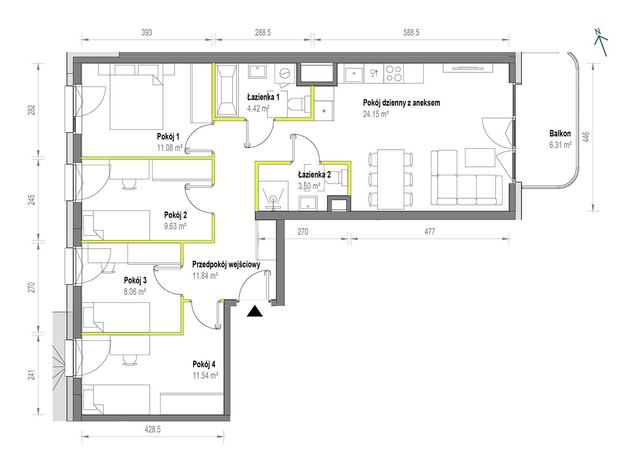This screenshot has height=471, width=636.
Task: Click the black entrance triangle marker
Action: coord(255,312)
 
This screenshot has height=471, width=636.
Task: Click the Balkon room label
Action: coord(560,133)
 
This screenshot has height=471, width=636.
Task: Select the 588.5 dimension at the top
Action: coord(411,33)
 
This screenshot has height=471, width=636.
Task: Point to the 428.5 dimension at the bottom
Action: coord(153,430)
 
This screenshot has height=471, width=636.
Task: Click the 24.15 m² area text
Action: coord(376,114)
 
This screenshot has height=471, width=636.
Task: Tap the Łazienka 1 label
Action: coord(263,97)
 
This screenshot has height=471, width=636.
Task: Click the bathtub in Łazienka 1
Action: coord(227,90)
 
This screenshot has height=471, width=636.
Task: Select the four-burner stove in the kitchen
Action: coord(393,73)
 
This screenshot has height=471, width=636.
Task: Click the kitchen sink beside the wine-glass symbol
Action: coord(354,73)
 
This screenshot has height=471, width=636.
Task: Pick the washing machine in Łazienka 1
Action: coord(285,73)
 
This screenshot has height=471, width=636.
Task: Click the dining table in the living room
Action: coord(391,180)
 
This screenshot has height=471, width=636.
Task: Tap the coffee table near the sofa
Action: coord(480,157)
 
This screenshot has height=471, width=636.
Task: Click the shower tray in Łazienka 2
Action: coord(273,196)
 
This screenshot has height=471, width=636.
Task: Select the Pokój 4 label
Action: coord(204,365)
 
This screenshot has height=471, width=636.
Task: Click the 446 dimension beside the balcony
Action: coord(586,137)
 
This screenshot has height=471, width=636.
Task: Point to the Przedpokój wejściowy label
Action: coord(226,264)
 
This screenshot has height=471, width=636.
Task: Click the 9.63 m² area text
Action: coord(175,226)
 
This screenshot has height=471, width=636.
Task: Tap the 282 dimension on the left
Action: coord(32,110)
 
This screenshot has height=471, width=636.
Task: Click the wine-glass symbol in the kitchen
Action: coord(374,73)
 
